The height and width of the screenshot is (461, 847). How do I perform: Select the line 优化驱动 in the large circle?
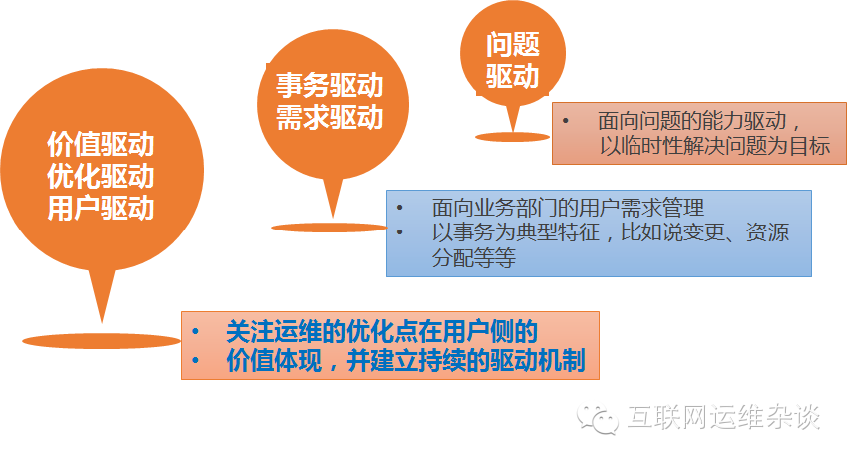(x=100, y=177)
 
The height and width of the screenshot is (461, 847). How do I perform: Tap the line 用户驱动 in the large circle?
(x=100, y=208)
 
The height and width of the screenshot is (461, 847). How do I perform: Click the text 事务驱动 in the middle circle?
(x=329, y=85)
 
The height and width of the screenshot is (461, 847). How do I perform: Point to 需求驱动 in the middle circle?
(x=329, y=118)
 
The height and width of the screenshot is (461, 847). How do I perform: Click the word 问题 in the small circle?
(x=512, y=45)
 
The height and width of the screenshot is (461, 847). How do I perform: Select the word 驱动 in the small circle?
(x=512, y=76)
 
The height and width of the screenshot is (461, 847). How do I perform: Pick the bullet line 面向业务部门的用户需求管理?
(x=569, y=208)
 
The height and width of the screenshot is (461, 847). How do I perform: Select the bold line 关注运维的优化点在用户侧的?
(x=382, y=331)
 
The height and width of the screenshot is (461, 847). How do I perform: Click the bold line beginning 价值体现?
(x=405, y=360)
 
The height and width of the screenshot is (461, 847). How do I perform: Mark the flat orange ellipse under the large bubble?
(x=100, y=340)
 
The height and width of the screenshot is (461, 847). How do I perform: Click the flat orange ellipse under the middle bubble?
(x=329, y=227)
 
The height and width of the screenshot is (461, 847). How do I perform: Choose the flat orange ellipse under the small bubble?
(x=512, y=136)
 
